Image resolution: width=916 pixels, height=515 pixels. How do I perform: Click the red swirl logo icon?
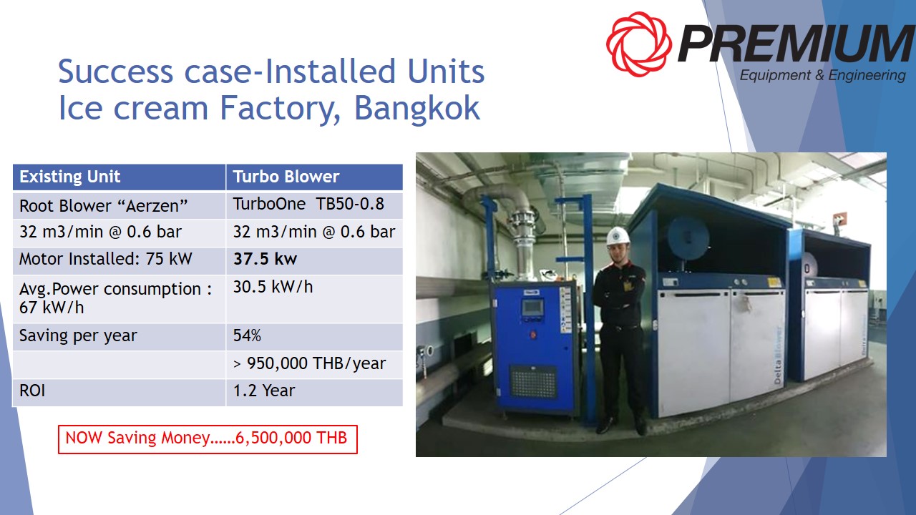[x=639, y=44]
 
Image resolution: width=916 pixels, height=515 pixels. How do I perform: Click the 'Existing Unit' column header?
[x=119, y=177]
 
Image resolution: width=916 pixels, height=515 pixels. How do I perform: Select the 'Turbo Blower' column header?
[x=314, y=177]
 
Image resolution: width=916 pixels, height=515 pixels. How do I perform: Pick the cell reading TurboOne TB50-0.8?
[x=314, y=205]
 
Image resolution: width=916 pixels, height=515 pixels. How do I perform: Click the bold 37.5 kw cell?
[x=314, y=260]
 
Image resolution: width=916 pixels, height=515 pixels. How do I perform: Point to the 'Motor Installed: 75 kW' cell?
[x=119, y=260]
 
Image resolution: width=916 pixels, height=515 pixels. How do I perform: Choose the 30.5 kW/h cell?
[x=314, y=299]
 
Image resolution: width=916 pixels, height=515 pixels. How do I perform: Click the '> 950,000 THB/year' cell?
[x=314, y=364]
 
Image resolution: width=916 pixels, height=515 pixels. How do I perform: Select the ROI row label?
[x=119, y=392]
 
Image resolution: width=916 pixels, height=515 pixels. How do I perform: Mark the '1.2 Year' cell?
[x=314, y=392]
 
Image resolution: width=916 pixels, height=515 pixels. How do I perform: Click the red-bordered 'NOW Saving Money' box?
[x=208, y=439]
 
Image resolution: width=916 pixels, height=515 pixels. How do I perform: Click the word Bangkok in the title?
[x=416, y=108]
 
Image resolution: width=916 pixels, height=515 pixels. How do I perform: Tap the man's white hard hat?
[x=618, y=236]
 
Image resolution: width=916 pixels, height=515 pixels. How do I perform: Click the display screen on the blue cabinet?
[x=532, y=308]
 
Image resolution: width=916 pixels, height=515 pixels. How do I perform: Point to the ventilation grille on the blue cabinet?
[x=534, y=382]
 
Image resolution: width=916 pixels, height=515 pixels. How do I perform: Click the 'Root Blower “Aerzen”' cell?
[x=119, y=205]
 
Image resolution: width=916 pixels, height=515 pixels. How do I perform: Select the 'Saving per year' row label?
[x=119, y=336]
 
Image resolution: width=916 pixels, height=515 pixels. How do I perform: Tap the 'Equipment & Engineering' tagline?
[x=823, y=76]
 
